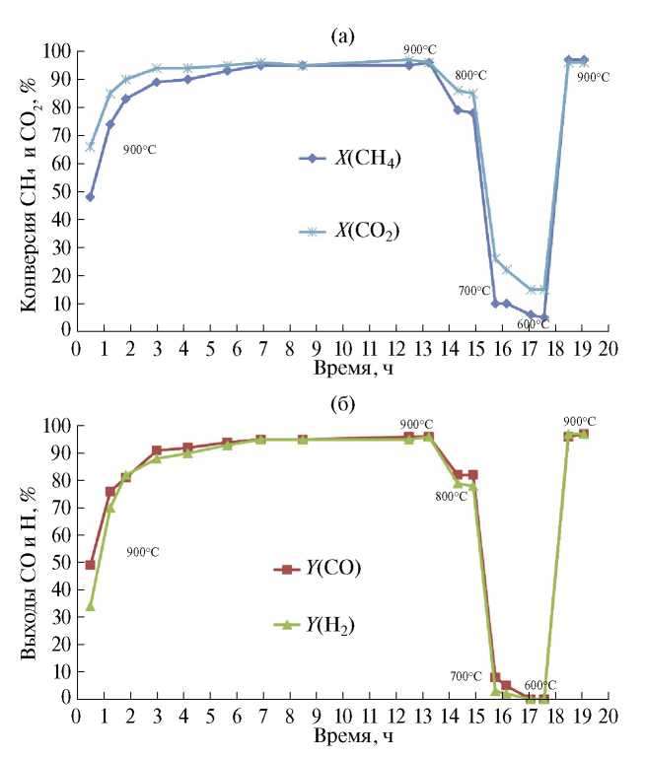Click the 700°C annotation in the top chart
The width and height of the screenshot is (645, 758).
(473, 290)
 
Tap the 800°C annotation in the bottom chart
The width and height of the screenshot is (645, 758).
(450, 496)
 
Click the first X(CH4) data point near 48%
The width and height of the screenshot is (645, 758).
(90, 196)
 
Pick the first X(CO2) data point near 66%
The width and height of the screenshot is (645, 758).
(90, 146)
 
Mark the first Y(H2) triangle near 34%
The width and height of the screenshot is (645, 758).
(90, 605)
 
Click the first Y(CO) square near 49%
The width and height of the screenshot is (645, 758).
(90, 565)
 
